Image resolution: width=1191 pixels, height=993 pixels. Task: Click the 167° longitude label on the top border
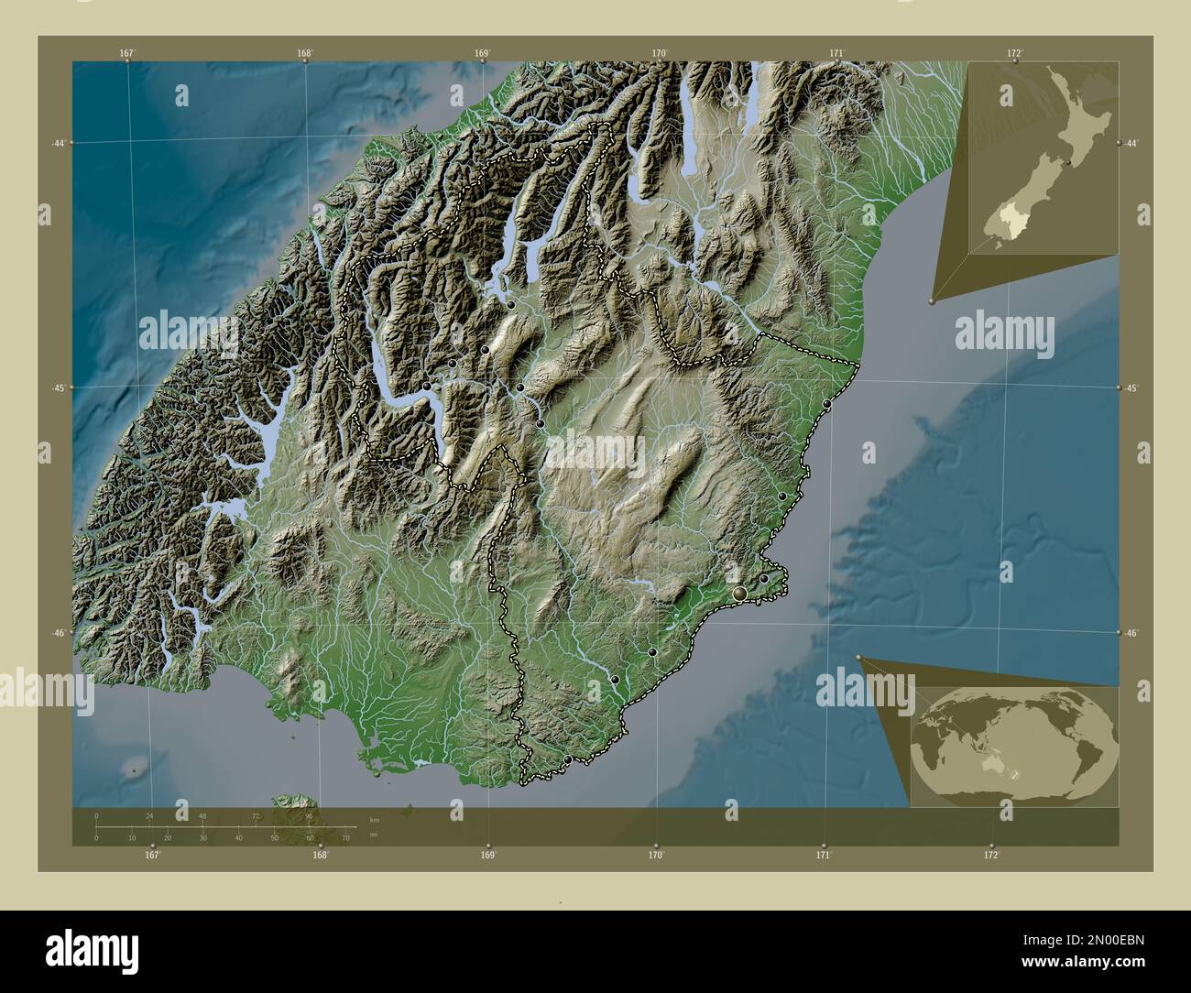click(127, 53)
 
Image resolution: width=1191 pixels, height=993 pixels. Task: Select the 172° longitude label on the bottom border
click(991, 856)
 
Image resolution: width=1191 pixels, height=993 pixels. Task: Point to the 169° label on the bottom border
click(488, 856)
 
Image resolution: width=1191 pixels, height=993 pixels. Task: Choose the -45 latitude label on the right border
click(1132, 388)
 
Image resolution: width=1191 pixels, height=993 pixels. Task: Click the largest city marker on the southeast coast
click(739, 595)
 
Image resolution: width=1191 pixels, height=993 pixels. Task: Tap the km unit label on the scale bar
click(374, 818)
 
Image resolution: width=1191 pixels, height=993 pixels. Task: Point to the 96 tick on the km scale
click(310, 815)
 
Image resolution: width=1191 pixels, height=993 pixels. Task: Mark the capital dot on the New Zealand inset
click(1068, 162)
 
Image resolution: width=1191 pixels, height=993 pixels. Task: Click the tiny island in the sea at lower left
click(137, 770)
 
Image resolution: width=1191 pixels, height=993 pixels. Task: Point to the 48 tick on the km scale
click(202, 815)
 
